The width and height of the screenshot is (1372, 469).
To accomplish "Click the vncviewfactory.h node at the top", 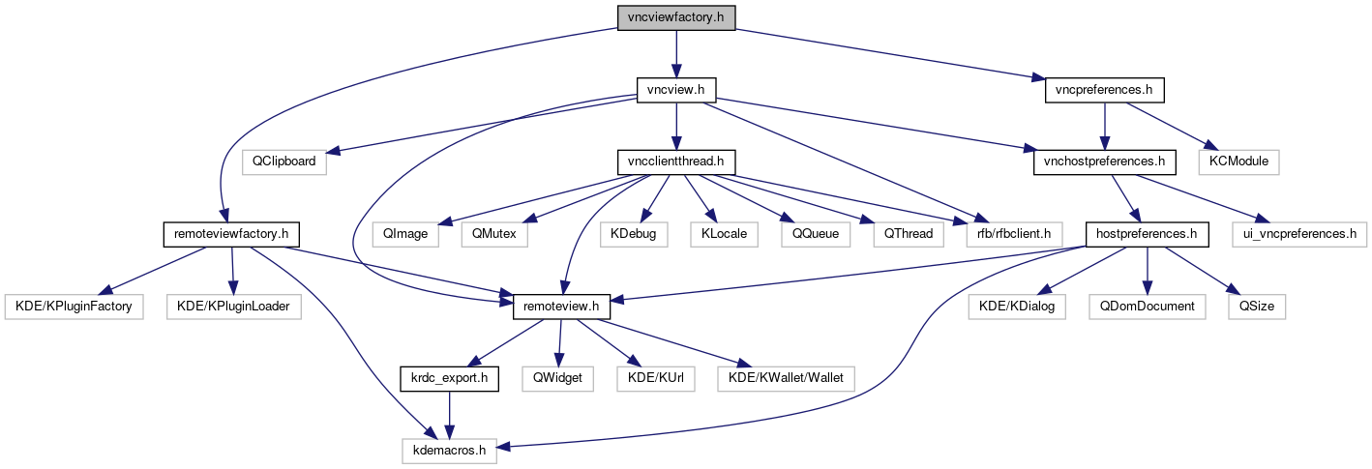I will coord(675,17).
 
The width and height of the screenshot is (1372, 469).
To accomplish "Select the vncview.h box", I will coord(675,90).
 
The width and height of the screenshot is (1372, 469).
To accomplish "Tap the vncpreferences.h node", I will coord(1104,90).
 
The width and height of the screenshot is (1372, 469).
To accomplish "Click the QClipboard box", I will coord(284,161).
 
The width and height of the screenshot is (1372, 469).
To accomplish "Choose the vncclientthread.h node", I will coord(676,161).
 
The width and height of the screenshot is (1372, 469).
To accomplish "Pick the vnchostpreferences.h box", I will coord(1104,161).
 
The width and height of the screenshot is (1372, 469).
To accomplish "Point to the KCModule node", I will coord(1239,161).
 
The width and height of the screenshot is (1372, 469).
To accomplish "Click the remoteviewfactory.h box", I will coord(231,233).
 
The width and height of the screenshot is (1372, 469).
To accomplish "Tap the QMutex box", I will coord(494,233).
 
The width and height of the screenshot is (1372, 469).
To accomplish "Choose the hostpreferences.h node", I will coord(1147,233).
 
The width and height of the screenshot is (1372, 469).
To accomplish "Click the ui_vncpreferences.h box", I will coord(1298,233).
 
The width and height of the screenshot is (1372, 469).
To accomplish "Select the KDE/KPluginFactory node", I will coord(74,306).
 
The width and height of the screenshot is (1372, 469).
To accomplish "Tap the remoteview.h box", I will coord(561,306).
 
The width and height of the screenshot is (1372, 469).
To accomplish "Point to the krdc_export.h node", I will coord(449,377).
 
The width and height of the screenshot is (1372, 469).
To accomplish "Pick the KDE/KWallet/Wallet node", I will coord(786,377).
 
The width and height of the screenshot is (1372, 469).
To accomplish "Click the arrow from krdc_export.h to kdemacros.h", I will coord(449,413).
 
